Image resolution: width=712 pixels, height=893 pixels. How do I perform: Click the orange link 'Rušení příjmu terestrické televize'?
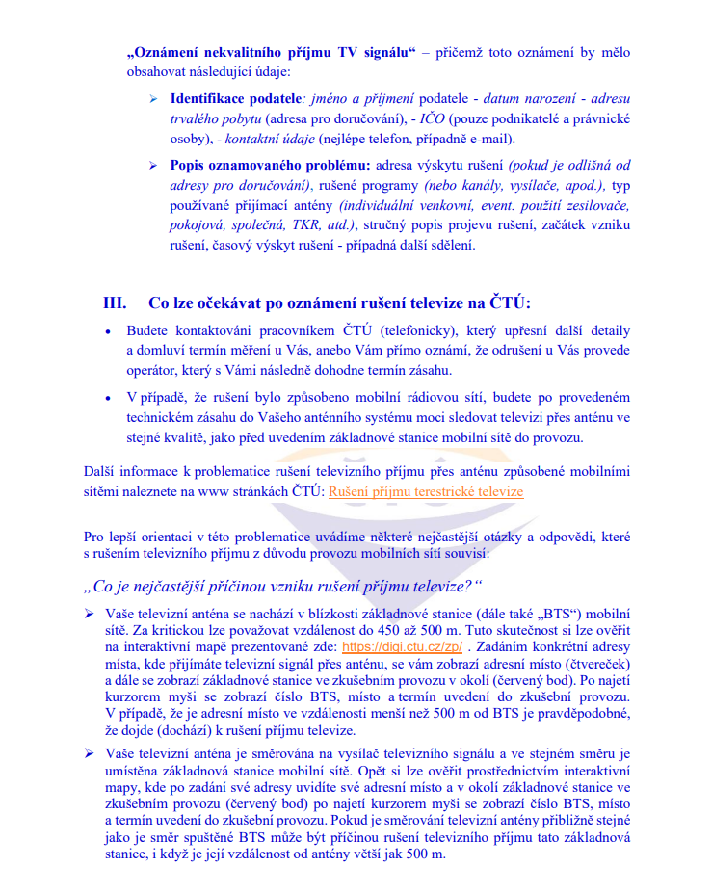(x=426, y=491)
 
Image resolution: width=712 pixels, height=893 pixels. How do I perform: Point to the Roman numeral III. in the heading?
(x=115, y=302)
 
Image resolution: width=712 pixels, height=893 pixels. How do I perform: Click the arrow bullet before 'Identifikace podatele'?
(x=153, y=99)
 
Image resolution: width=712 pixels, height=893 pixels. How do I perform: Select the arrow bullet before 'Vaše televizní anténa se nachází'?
(x=89, y=613)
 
